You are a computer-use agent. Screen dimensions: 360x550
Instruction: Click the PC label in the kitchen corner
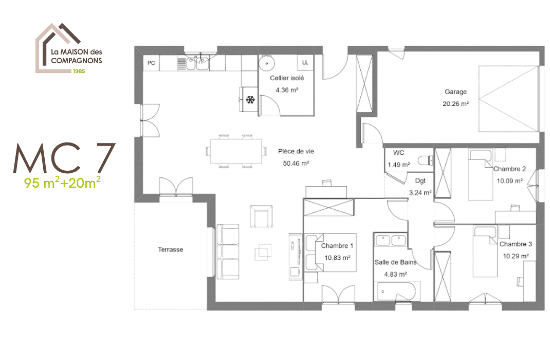(151, 63)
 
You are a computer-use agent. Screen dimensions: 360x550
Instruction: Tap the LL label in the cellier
(305, 63)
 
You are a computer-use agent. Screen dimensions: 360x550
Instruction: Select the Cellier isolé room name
(287, 78)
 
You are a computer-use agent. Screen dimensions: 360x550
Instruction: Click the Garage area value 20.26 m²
(455, 103)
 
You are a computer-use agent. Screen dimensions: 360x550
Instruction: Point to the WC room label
(398, 153)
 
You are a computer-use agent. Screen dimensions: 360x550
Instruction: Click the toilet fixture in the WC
(424, 160)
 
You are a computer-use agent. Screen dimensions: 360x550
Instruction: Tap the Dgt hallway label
(420, 181)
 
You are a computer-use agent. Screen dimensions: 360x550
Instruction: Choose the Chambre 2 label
(509, 169)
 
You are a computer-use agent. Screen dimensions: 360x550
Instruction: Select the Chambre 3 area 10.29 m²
(516, 256)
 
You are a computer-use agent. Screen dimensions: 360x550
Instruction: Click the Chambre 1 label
(337, 246)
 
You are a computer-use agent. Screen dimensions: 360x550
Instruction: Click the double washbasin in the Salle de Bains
(391, 240)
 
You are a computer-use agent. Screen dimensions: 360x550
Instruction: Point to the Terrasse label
(171, 249)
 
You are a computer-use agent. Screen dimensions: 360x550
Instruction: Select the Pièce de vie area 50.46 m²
(296, 164)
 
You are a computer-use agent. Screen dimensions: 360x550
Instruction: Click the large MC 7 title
(64, 158)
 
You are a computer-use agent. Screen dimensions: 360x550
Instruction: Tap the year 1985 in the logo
(78, 71)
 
